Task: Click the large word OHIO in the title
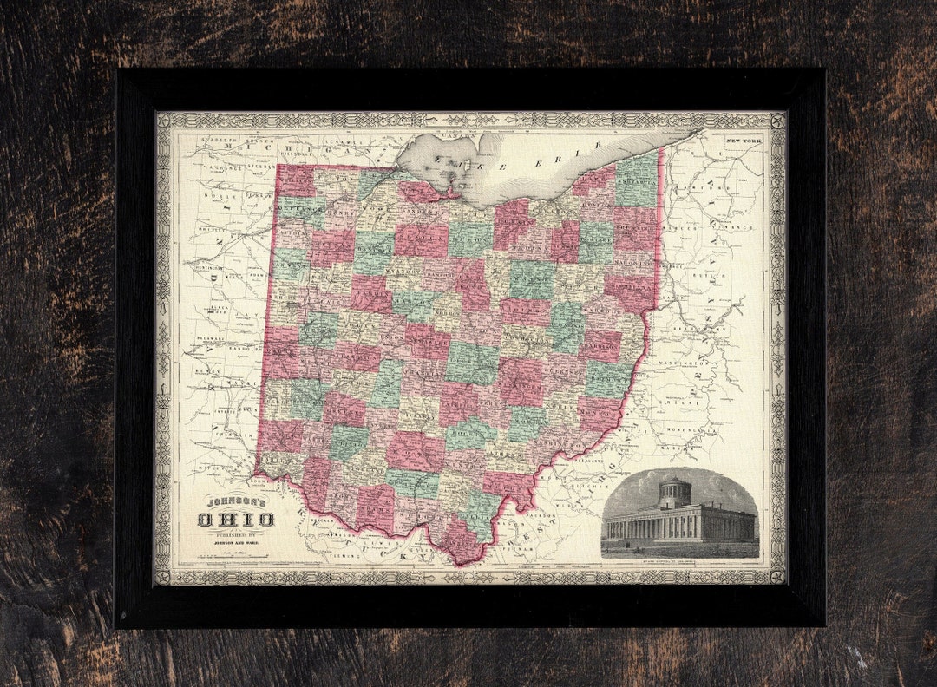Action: point(236,520)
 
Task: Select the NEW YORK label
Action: point(744,141)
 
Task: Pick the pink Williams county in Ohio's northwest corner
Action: point(296,181)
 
